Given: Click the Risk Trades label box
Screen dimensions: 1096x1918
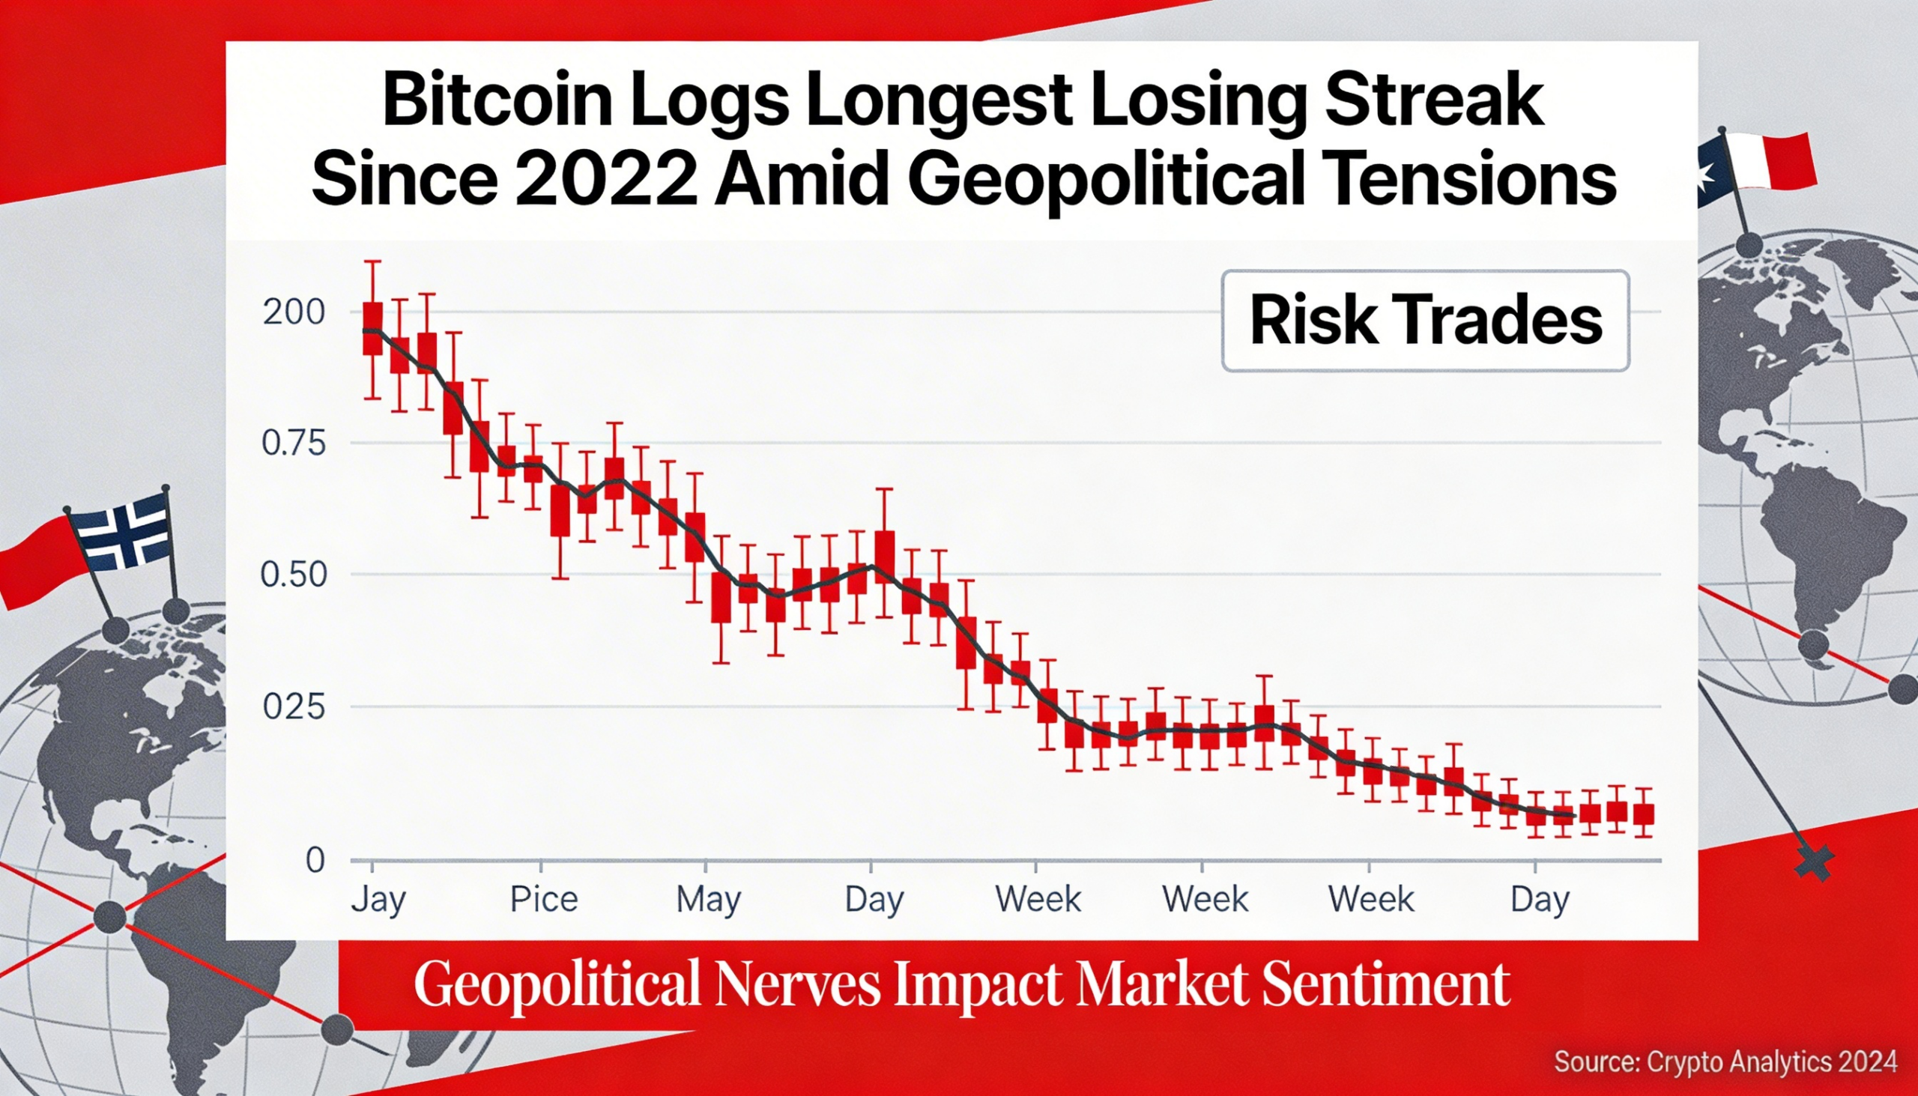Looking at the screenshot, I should coord(1425,321).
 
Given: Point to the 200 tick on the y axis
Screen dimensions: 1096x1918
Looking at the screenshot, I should coord(294,312).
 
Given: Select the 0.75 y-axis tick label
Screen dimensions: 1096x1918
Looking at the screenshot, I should coord(294,443).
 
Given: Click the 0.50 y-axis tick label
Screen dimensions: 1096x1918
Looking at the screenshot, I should coord(294,576).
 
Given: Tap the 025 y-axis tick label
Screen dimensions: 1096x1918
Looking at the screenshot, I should coord(294,708).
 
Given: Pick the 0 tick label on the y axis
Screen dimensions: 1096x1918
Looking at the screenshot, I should coord(315,860).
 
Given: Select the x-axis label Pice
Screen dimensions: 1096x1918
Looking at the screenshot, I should coord(543,900).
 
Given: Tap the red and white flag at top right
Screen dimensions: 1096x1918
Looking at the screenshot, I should coord(1765,160).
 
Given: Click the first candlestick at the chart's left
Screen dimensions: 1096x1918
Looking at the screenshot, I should coord(372,328).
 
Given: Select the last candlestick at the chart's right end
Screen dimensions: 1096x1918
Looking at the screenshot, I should coord(1644,814).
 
